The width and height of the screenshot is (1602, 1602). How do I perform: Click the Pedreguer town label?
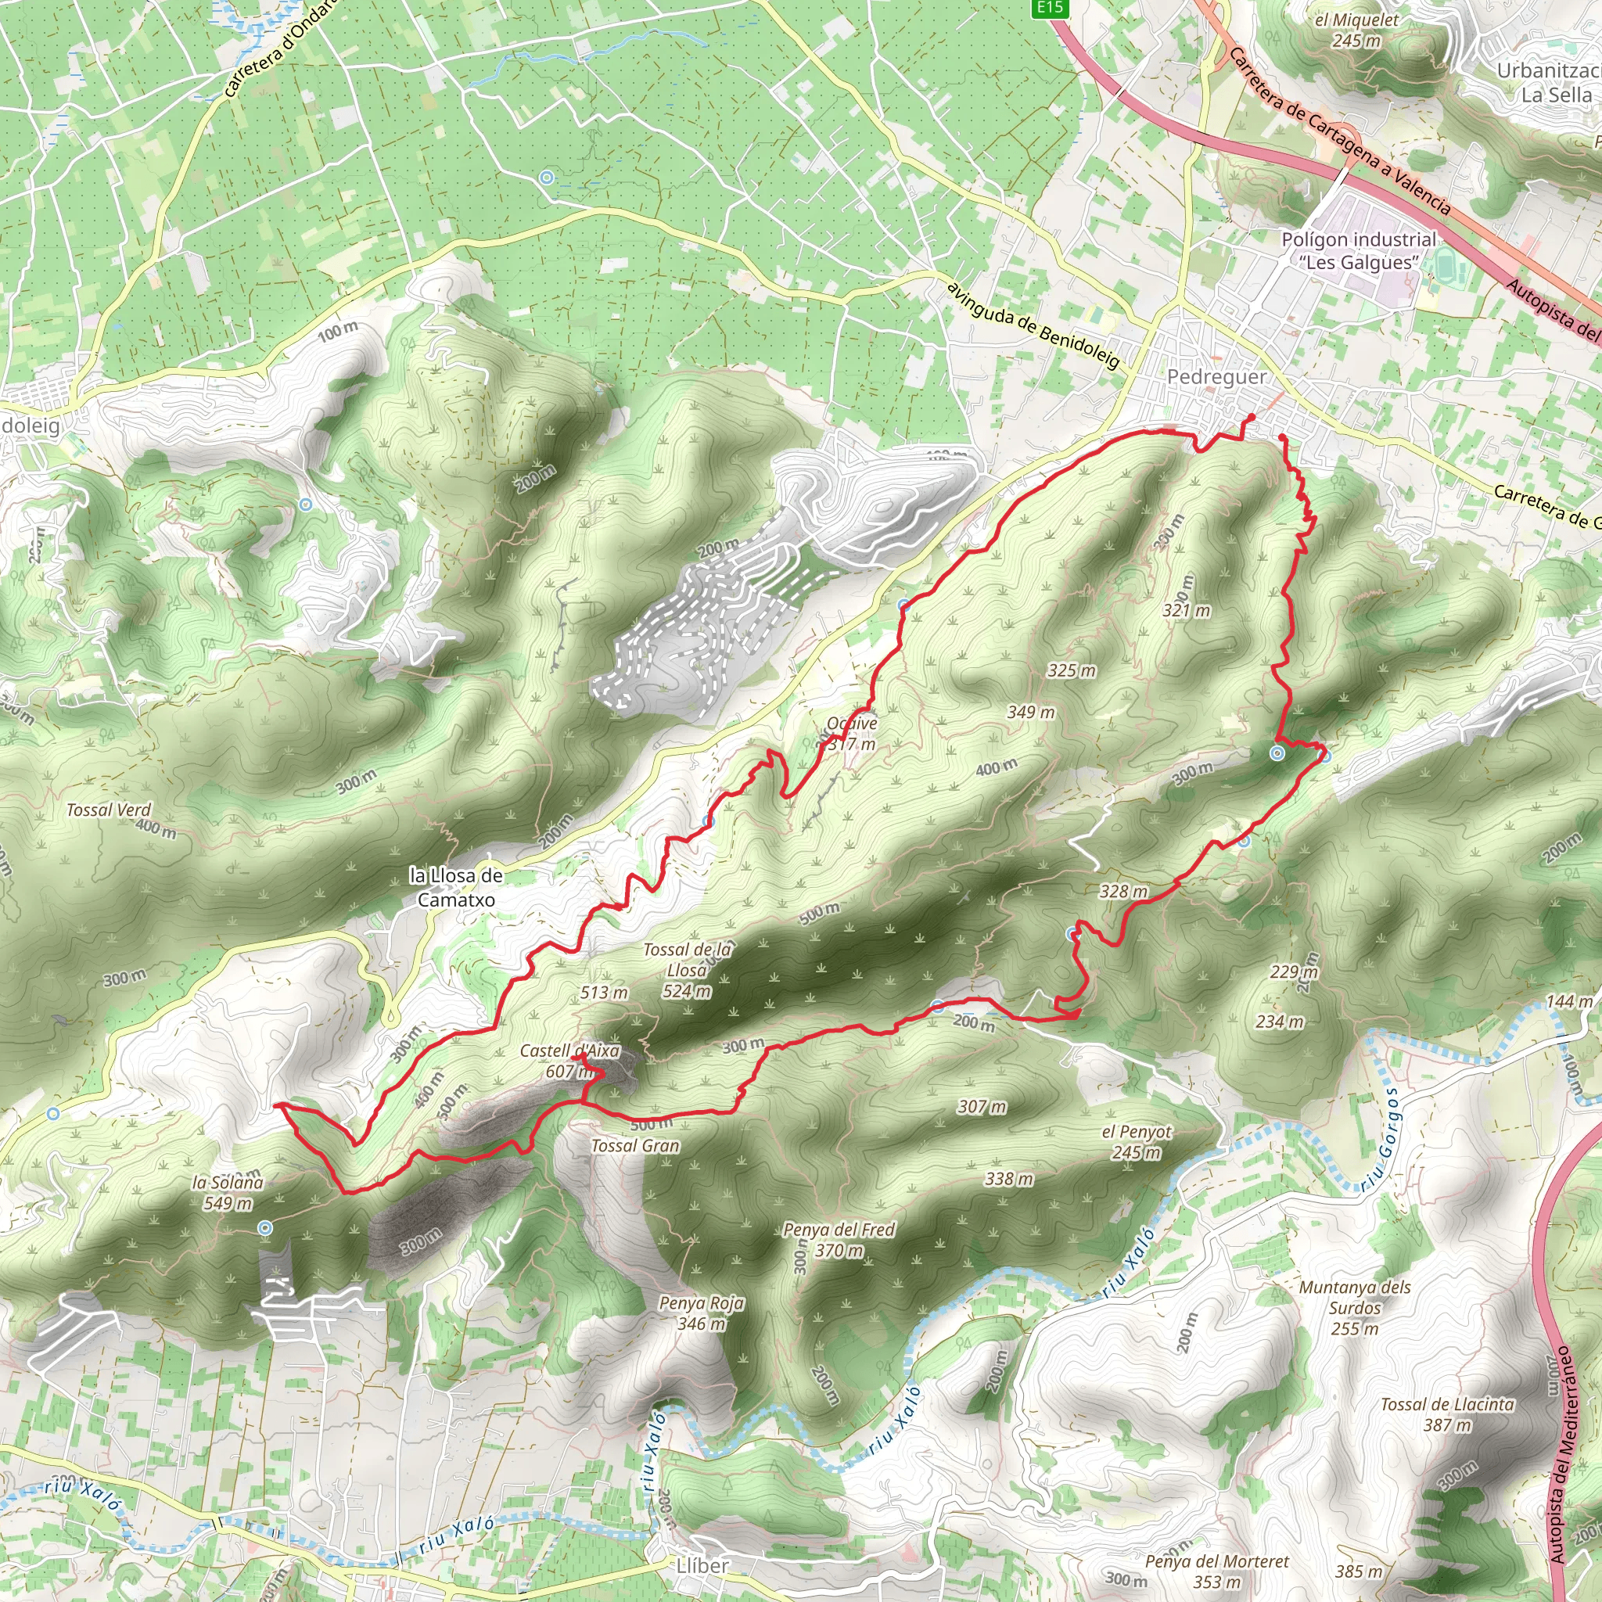1216,377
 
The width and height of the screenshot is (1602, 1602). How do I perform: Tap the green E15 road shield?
1049,8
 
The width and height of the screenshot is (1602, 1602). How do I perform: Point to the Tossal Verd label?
110,810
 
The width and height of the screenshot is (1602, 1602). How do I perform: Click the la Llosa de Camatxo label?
456,887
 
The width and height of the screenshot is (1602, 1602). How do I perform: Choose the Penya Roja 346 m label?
702,1313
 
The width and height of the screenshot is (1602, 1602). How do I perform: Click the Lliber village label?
702,1565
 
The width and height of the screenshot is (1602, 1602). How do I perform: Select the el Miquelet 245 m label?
1356,30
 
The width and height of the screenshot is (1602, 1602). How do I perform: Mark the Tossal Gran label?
635,1146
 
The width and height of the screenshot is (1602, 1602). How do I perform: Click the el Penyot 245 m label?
1137,1142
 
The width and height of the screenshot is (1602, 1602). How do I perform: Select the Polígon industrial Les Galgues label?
1359,250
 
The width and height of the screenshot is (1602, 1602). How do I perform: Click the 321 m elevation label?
1187,611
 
